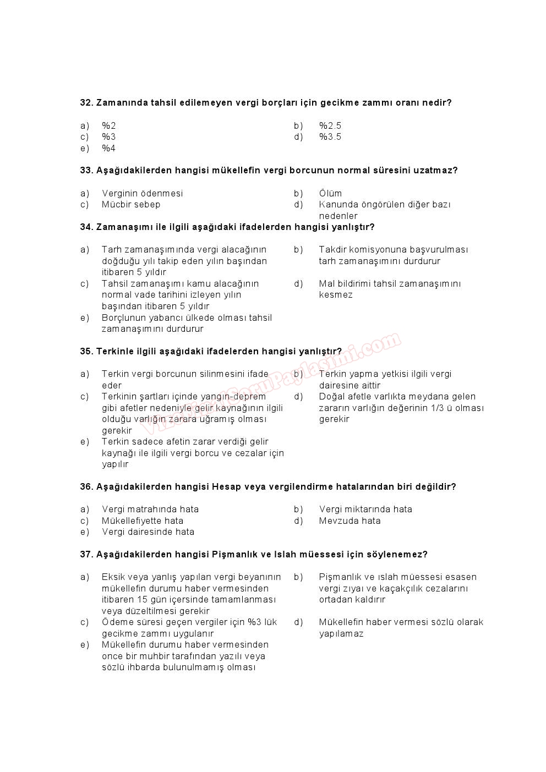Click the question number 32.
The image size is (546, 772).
pyautogui.click(x=86, y=103)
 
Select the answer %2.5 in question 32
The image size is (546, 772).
pyautogui.click(x=330, y=126)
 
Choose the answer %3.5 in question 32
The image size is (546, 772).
pyautogui.click(x=330, y=137)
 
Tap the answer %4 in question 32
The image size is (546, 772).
pyautogui.click(x=108, y=149)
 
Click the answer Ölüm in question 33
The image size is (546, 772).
pyautogui.click(x=330, y=194)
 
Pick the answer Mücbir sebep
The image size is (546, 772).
pyautogui.click(x=131, y=205)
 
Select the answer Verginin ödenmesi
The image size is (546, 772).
pyautogui.click(x=142, y=194)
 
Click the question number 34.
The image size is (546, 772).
pyautogui.click(x=86, y=227)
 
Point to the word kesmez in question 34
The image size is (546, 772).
pyautogui.click(x=336, y=295)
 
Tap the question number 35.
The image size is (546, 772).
pyautogui.click(x=86, y=352)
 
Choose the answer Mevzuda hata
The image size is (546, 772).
pyautogui.click(x=350, y=521)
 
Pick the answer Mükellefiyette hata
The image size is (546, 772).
pyautogui.click(x=143, y=521)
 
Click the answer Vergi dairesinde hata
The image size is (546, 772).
pyautogui.click(x=148, y=532)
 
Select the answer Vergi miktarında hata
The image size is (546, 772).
pyautogui.click(x=365, y=510)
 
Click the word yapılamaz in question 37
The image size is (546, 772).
pyautogui.click(x=341, y=634)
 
